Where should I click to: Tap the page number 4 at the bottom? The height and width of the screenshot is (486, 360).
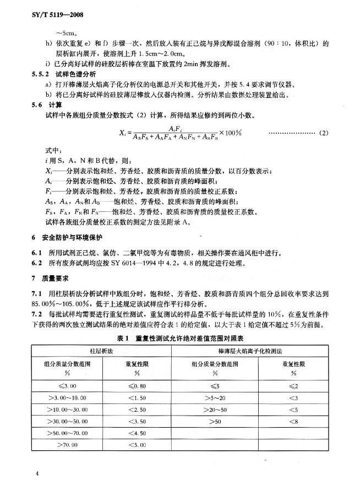pyautogui.click(x=37, y=473)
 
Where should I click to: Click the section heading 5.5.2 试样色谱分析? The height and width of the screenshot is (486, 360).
pyautogui.click(x=59, y=73)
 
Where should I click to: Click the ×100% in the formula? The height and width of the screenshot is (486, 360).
pyautogui.click(x=234, y=133)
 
